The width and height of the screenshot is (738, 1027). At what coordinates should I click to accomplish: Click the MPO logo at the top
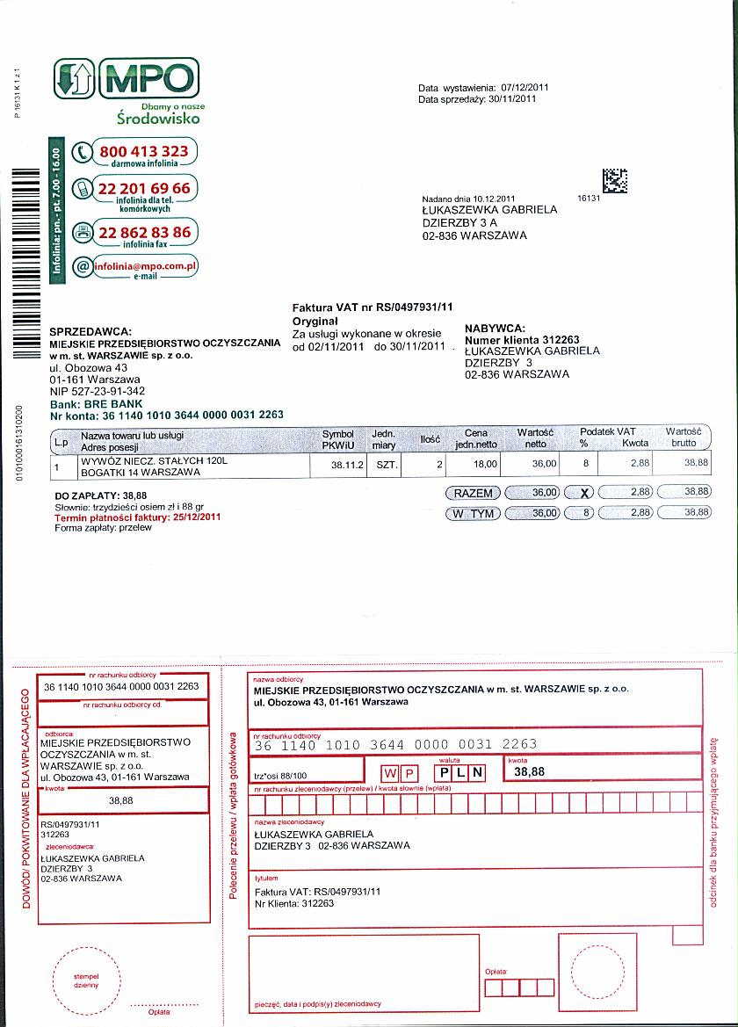[127, 79]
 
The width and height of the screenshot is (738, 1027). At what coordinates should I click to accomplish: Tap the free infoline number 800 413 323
[143, 151]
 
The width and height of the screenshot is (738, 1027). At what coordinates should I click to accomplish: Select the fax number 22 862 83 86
[144, 232]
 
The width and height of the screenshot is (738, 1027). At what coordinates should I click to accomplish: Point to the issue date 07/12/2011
[525, 88]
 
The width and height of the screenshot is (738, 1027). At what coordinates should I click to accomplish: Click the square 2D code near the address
[616, 181]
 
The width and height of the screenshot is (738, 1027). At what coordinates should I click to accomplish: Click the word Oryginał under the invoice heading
[315, 322]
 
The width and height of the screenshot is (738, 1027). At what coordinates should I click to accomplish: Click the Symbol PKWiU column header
[338, 439]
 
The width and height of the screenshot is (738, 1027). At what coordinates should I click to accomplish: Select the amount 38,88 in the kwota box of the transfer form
[530, 771]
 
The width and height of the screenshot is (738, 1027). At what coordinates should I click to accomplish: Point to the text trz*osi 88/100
[280, 776]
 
